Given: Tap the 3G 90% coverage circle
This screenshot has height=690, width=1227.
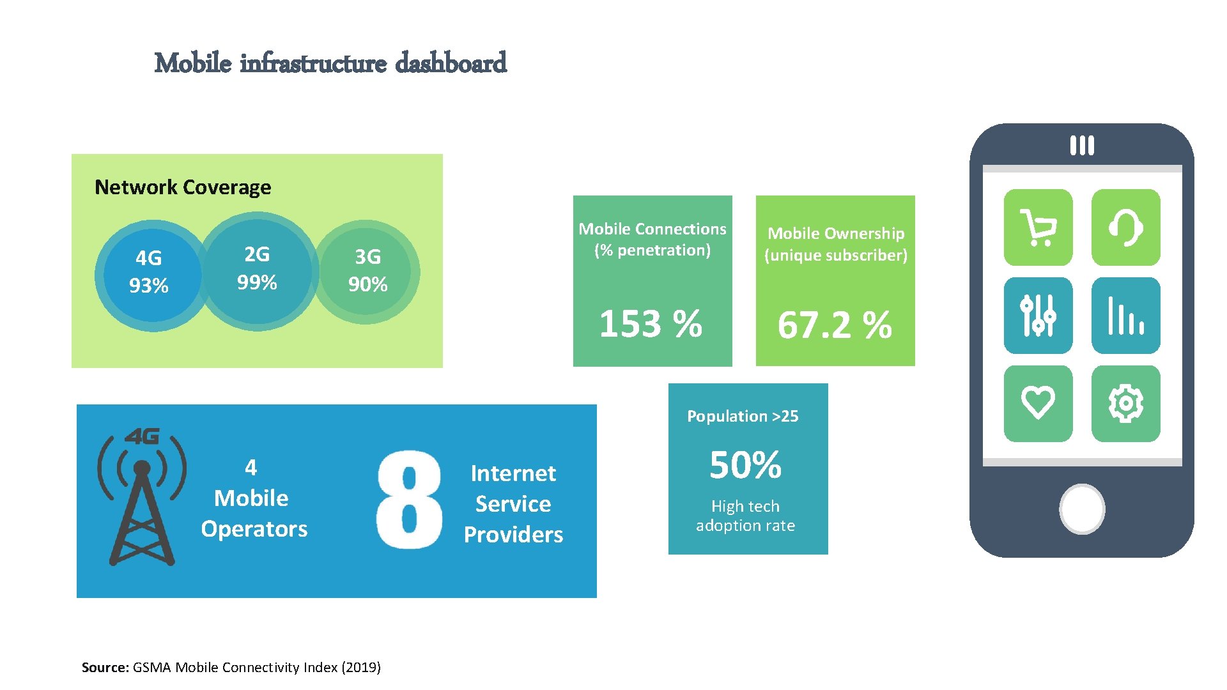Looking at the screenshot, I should (x=368, y=272).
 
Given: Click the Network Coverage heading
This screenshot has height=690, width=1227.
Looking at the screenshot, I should (x=183, y=187).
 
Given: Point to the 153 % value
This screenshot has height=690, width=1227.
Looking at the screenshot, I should (x=651, y=324).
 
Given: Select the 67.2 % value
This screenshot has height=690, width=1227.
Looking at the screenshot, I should (x=835, y=325).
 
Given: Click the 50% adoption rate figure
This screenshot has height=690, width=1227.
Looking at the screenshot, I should (x=745, y=464).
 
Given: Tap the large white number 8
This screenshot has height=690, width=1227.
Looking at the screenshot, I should (x=409, y=500).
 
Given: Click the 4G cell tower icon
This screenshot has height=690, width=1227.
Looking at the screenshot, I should (x=142, y=497).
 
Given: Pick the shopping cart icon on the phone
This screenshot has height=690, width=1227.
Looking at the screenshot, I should (x=1038, y=227).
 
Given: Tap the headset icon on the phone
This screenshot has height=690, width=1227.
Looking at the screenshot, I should (x=1125, y=227).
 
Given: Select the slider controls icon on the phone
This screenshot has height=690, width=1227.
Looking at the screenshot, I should (x=1038, y=316).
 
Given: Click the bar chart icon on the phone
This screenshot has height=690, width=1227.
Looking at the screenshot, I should (x=1125, y=316).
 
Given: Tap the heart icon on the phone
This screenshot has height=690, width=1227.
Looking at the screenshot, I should (x=1038, y=403).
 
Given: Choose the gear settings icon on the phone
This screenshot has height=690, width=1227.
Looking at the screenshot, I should (x=1125, y=403).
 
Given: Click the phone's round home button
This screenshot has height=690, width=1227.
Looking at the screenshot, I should (x=1082, y=509).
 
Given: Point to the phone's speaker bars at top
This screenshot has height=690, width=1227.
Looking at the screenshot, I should (x=1082, y=145).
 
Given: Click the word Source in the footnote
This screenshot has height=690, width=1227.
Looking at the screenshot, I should (x=105, y=668).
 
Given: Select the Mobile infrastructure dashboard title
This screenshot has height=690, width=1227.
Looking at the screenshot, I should (x=330, y=63).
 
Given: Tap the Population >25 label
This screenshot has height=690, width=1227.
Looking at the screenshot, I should (x=743, y=417).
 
